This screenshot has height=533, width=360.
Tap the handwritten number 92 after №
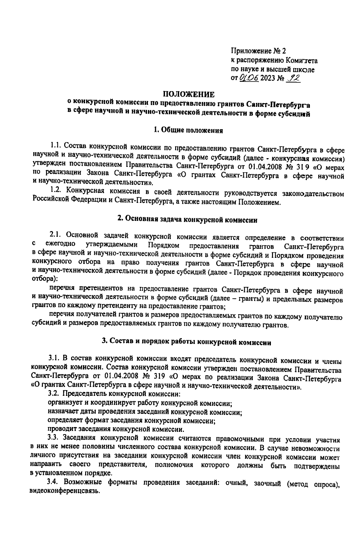(x=294, y=78)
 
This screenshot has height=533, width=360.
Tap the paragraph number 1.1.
(x=56, y=146)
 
